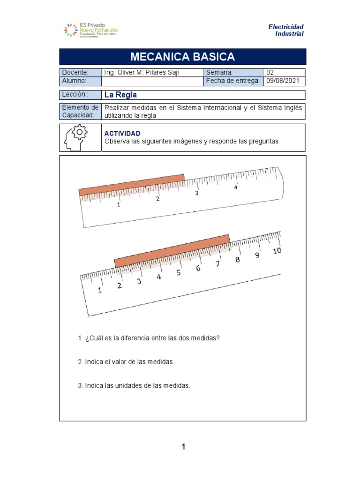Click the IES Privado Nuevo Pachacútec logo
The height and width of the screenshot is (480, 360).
pos(91,30)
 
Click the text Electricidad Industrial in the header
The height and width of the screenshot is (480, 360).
pos(285,30)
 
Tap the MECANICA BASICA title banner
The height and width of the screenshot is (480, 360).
pos(182,57)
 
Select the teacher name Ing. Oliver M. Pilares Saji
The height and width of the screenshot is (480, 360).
pos(141,73)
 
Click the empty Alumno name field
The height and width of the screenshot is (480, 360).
pos(152,82)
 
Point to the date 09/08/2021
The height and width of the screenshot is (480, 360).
pos(282,82)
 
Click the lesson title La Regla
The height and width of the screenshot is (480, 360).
pos(120,95)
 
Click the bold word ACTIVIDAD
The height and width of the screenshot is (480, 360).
pos(122,134)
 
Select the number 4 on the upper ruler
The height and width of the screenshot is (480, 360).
pos(236,187)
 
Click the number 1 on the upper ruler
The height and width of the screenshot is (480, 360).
pos(119,205)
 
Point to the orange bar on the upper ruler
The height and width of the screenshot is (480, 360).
pos(131,184)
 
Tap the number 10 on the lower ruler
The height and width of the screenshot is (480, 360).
pos(277,251)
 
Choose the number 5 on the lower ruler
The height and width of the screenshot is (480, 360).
pos(178,273)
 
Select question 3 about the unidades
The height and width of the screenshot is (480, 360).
pos(134,386)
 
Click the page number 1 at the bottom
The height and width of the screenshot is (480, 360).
pos(183,447)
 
